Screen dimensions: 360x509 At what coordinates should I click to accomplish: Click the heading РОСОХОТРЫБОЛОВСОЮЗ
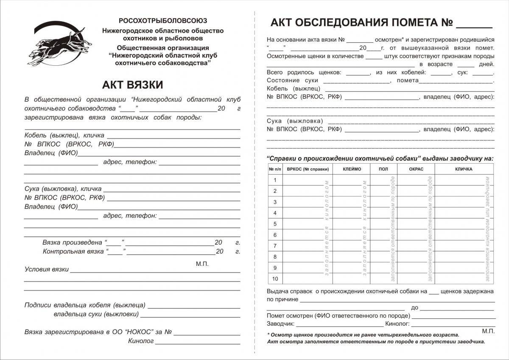163,20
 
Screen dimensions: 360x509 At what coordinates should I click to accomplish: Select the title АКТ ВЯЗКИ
132,85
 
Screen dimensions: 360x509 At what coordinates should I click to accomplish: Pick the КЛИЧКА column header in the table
464,169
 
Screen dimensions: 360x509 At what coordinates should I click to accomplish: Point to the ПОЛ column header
383,169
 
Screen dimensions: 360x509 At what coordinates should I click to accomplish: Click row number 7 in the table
275,246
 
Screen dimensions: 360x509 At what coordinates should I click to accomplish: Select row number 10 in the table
275,279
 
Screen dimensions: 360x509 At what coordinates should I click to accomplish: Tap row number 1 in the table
275,180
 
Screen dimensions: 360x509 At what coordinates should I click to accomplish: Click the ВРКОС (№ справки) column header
308,169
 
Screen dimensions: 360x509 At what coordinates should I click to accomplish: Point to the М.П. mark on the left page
202,264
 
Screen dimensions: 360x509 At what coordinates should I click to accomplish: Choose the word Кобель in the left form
36,135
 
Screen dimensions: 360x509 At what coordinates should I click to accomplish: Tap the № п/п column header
275,169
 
